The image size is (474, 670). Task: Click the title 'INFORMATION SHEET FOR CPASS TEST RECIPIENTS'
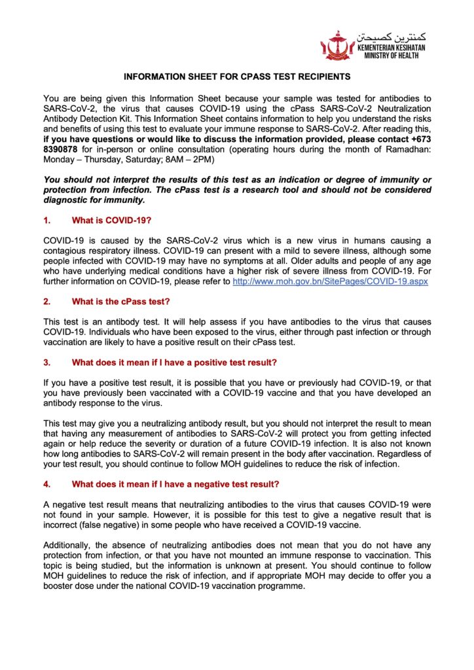click(237, 77)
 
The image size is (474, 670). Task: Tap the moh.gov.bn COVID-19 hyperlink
click(326, 281)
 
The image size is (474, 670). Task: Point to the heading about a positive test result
click(175, 362)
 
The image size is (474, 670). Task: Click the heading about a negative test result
click(176, 484)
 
